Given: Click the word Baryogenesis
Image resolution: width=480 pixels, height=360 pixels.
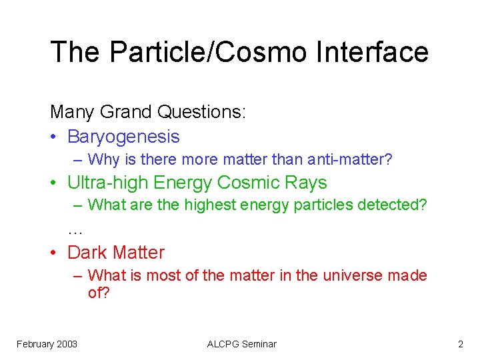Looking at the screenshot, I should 123,137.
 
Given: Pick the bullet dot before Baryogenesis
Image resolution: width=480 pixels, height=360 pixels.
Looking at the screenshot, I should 54,137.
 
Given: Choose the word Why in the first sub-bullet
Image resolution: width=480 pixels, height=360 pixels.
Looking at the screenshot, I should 103,160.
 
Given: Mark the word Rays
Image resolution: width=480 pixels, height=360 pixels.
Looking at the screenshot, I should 307,183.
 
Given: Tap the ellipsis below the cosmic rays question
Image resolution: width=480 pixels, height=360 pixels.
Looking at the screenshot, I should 75,231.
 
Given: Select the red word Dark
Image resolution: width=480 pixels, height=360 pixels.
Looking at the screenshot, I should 88,253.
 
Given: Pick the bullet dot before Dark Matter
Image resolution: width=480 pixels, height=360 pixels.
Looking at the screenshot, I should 54,253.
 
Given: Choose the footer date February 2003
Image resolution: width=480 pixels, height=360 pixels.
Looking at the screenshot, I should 47,344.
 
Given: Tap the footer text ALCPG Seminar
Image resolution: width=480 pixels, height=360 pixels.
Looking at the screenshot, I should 241,344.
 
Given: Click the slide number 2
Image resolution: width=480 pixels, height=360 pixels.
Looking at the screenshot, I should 460,344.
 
